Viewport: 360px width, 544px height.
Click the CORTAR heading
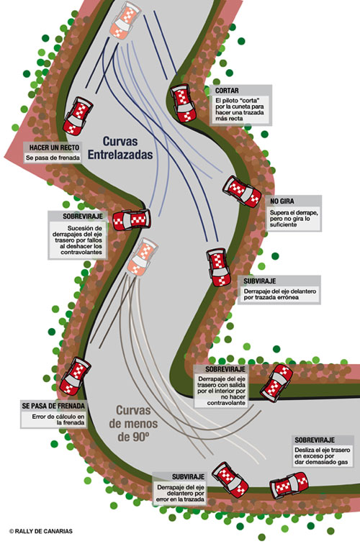[227, 91]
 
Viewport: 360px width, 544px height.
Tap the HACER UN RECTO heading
[54, 148]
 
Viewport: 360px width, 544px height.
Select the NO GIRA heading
[282, 201]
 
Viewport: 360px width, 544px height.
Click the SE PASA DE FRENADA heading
[53, 406]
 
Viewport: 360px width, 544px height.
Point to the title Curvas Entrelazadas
[120, 148]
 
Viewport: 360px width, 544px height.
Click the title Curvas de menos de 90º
[133, 423]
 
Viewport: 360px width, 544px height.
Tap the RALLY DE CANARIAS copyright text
[41, 531]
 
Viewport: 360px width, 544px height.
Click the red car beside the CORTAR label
[183, 103]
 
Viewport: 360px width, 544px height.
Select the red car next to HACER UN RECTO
[78, 116]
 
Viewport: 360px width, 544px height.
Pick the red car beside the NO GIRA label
[242, 191]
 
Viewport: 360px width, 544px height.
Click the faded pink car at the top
[125, 19]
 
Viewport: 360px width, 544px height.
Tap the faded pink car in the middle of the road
[143, 257]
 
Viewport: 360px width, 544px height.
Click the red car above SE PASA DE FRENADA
[76, 376]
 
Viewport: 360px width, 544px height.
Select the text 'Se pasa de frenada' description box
[53, 158]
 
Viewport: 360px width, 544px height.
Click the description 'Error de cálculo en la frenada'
[58, 420]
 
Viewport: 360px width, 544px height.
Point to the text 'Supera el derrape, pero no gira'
[294, 219]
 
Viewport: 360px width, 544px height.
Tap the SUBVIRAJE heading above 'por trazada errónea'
[260, 281]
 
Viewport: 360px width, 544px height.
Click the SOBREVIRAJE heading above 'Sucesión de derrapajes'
[83, 216]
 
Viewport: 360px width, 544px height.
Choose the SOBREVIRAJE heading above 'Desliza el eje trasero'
[315, 440]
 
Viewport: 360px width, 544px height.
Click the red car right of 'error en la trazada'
[230, 480]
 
